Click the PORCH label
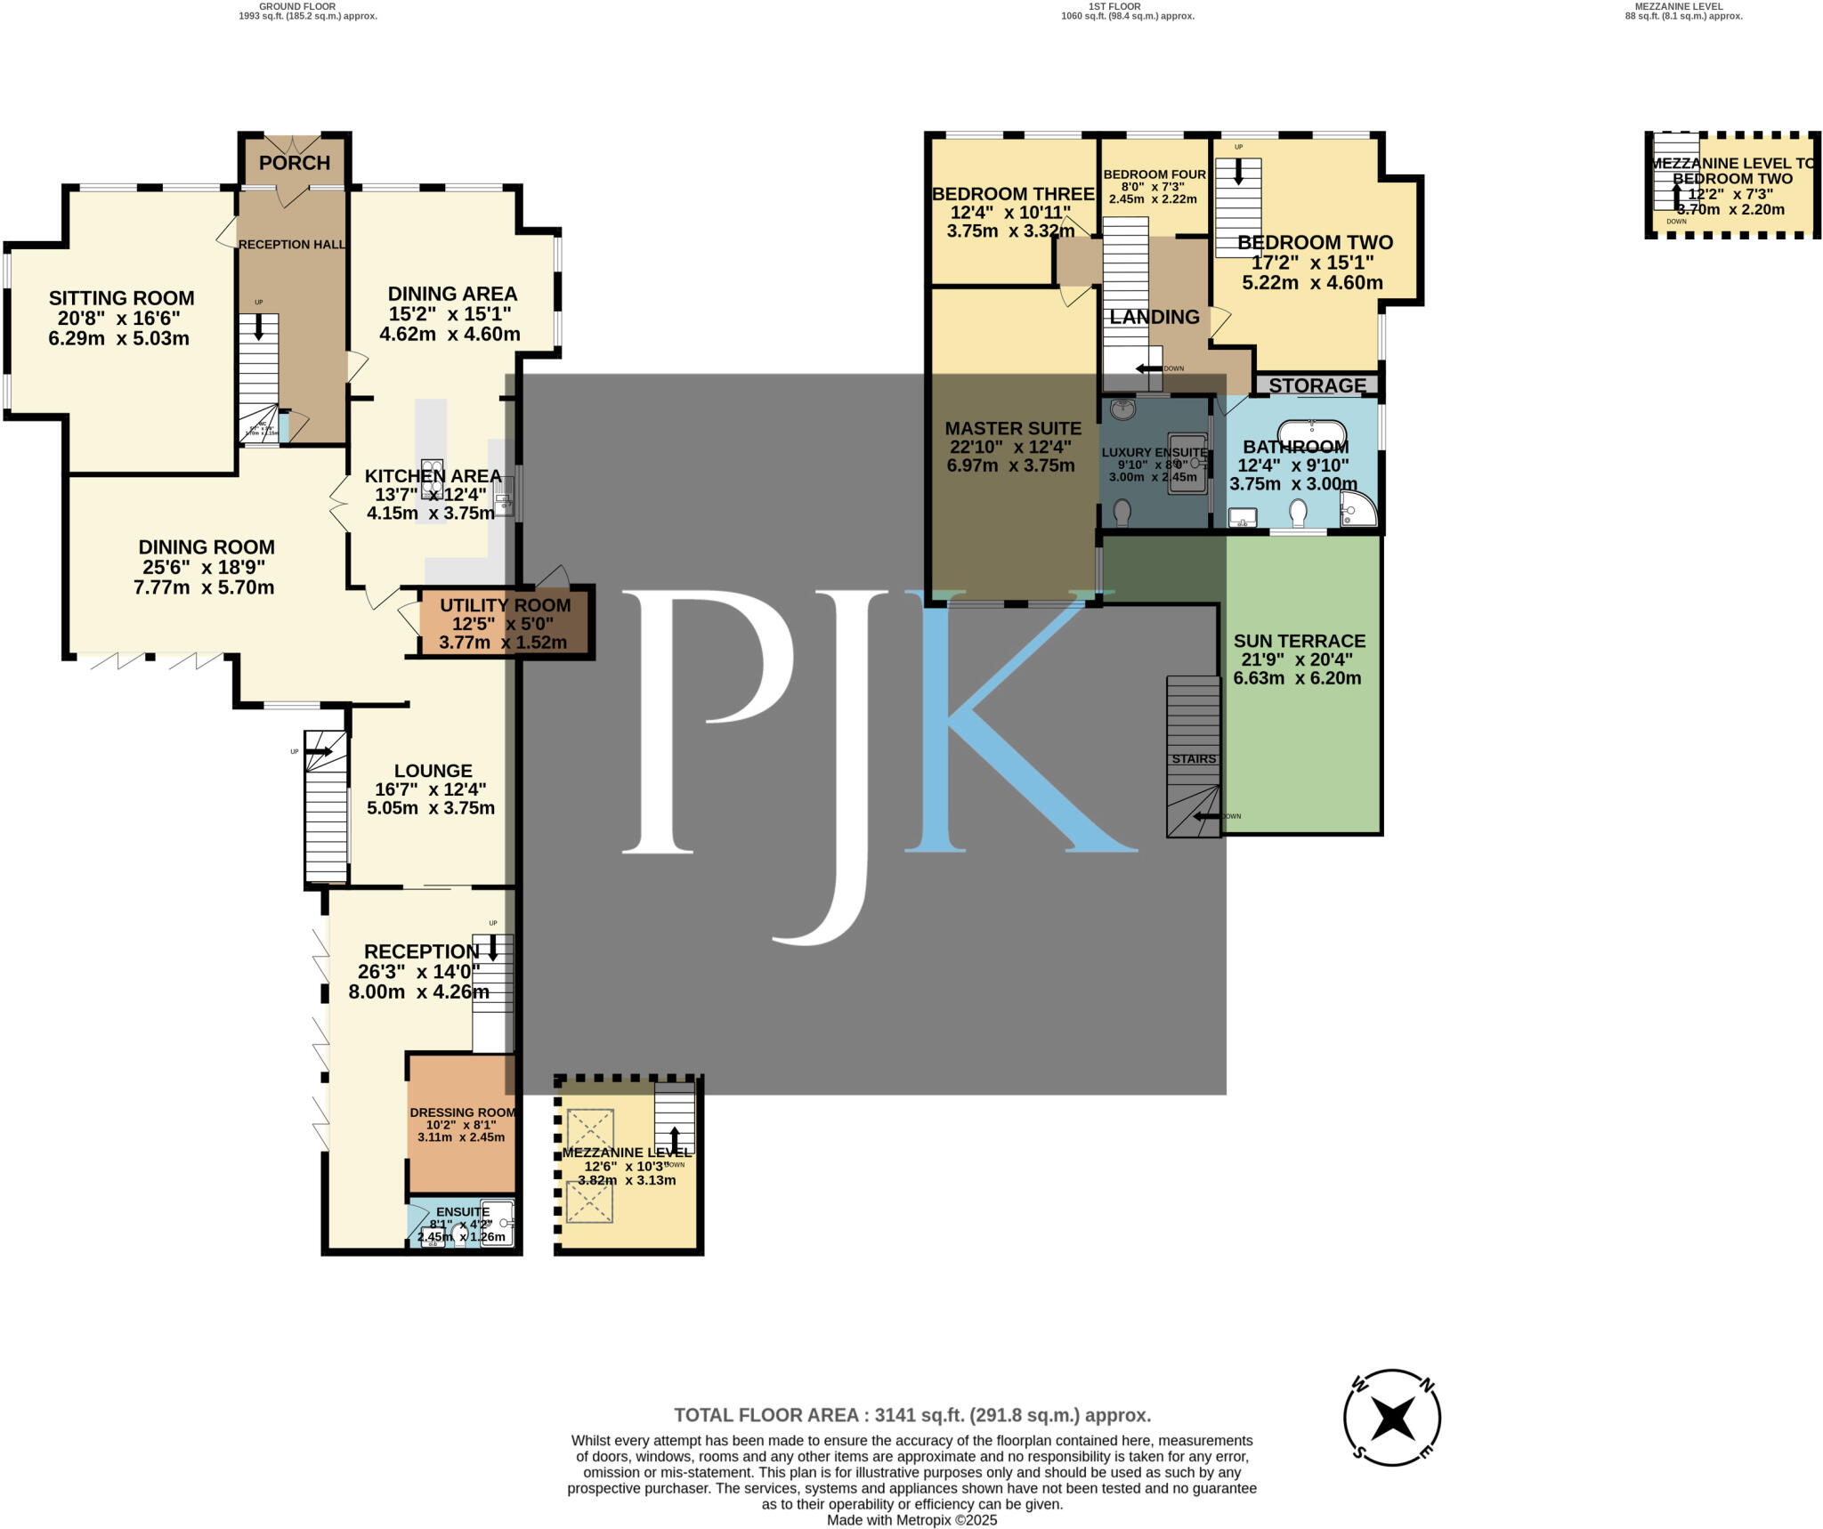tap(295, 163)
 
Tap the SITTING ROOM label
tap(121, 298)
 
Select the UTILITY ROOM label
tap(505, 605)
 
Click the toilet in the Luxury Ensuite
tap(1122, 512)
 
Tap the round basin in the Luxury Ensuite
tap(1123, 409)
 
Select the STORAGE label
tap(1317, 385)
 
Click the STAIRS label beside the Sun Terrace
tap(1194, 759)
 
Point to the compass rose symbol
tap(1391, 1418)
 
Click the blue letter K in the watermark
tap(1015, 721)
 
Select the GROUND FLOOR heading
tap(297, 6)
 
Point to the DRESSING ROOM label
tap(462, 1112)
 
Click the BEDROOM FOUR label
tap(1155, 174)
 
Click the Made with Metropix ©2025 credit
tap(911, 1520)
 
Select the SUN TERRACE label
tap(1299, 641)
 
